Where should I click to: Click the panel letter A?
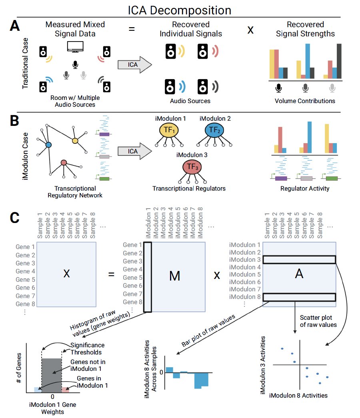pyautogui.click(x=15, y=28)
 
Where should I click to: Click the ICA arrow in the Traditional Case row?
pyautogui.click(x=135, y=64)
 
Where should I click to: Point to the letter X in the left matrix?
pyautogui.click(x=66, y=274)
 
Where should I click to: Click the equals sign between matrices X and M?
pyautogui.click(x=111, y=275)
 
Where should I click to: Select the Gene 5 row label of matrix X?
pyautogui.click(x=25, y=279)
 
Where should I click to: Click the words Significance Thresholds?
pyautogui.click(x=87, y=348)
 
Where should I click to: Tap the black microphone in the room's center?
pyautogui.click(x=75, y=64)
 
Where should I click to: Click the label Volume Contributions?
pyautogui.click(x=305, y=101)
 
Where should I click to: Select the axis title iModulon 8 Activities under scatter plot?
pyautogui.click(x=298, y=395)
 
